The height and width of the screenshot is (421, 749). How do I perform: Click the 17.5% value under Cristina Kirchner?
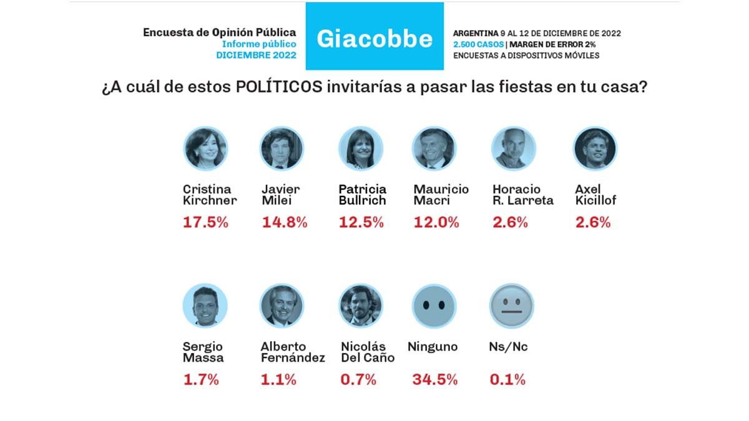click(x=205, y=223)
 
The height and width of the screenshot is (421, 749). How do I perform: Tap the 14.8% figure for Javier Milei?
click(x=284, y=223)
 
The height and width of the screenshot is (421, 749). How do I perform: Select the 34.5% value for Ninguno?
click(x=435, y=379)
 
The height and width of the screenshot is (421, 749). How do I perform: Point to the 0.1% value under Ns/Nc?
click(x=508, y=379)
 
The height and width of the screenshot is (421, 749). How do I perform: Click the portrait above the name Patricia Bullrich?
click(x=360, y=149)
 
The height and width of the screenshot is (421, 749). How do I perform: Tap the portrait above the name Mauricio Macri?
click(x=434, y=149)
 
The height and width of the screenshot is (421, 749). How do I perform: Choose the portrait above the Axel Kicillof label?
click(x=594, y=149)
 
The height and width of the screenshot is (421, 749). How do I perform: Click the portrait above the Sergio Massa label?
click(x=205, y=306)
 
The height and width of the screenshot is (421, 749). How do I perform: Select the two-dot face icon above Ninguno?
click(x=434, y=306)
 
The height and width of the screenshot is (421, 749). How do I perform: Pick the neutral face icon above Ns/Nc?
click(x=511, y=306)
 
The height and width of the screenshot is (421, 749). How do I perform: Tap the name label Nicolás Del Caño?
click(x=368, y=352)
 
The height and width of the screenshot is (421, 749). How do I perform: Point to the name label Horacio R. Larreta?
click(x=522, y=195)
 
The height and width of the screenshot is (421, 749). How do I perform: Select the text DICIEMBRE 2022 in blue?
click(x=256, y=55)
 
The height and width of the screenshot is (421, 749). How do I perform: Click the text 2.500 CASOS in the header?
click(x=479, y=44)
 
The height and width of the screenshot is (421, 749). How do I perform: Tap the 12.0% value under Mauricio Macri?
click(x=436, y=223)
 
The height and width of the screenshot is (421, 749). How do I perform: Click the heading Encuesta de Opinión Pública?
click(x=220, y=32)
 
